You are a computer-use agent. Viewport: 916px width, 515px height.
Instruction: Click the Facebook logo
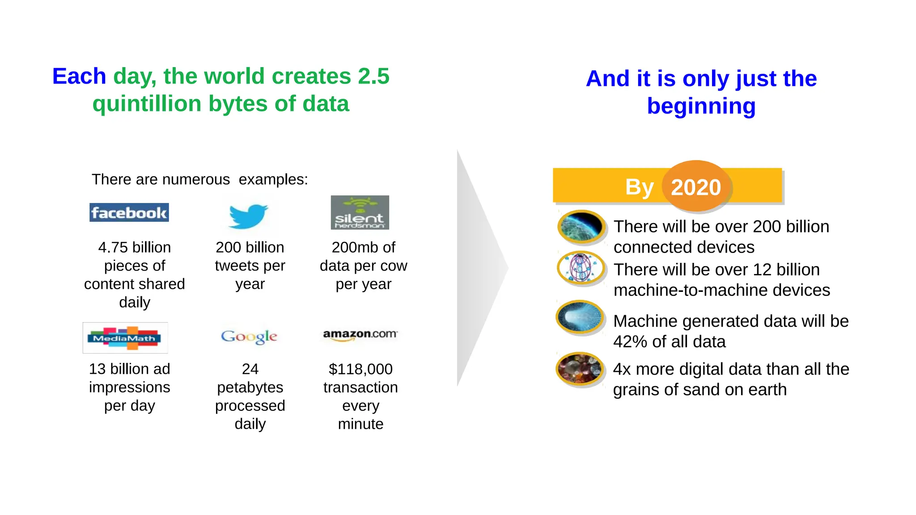pyautogui.click(x=129, y=213)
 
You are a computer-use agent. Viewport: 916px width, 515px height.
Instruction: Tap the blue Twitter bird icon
pyautogui.click(x=248, y=216)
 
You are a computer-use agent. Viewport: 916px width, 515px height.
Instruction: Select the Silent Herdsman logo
pyautogui.click(x=360, y=212)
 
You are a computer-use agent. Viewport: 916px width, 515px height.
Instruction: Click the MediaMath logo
pyautogui.click(x=125, y=338)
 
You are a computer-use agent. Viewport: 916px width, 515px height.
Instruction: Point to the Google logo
pyautogui.click(x=249, y=337)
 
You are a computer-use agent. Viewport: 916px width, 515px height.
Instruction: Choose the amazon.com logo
pyautogui.click(x=360, y=334)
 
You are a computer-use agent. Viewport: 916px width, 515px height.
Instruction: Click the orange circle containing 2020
pyautogui.click(x=696, y=186)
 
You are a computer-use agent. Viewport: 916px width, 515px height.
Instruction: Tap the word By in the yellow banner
pyautogui.click(x=639, y=187)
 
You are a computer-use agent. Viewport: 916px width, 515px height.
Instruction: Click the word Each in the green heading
pyautogui.click(x=79, y=76)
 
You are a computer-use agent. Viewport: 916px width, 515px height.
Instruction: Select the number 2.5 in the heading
pyautogui.click(x=373, y=76)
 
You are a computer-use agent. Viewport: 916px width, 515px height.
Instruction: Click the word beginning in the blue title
pyautogui.click(x=701, y=106)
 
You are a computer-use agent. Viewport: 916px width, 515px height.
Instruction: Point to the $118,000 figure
pyautogui.click(x=360, y=369)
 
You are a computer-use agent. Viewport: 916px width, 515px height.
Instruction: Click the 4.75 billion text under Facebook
pyautogui.click(x=134, y=247)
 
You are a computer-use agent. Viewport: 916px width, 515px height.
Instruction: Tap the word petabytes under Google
pyautogui.click(x=250, y=387)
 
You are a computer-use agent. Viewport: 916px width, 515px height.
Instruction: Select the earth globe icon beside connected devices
pyautogui.click(x=581, y=226)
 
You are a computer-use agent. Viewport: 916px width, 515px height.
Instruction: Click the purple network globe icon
pyautogui.click(x=581, y=268)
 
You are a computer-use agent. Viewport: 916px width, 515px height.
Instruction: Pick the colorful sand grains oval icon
pyautogui.click(x=580, y=369)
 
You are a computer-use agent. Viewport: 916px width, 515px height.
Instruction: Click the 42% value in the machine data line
pyautogui.click(x=630, y=342)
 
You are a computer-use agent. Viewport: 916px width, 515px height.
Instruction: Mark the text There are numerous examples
pyautogui.click(x=199, y=179)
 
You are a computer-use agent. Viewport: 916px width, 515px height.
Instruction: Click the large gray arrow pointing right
pyautogui.click(x=479, y=268)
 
